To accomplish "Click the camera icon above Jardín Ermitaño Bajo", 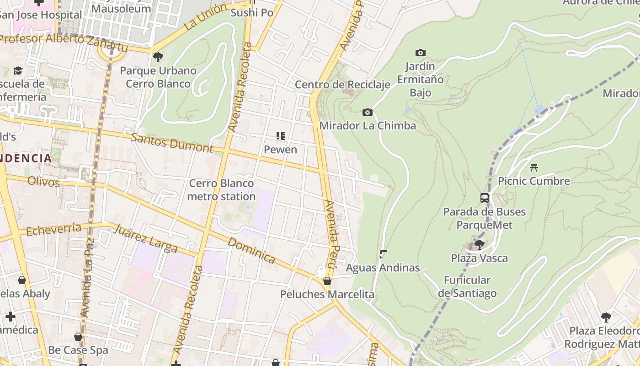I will [x=420, y=53].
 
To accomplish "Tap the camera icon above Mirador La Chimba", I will [x=367, y=113].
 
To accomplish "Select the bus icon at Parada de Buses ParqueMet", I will [x=485, y=198].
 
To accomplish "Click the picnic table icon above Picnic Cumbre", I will [x=533, y=167].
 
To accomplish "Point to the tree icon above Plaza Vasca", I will [x=479, y=245].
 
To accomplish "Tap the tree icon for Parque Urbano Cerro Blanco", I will [x=158, y=57].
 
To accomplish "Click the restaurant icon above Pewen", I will [x=281, y=136].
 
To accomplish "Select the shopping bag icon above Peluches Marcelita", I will [x=327, y=281].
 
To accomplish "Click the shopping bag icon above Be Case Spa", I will [x=78, y=337].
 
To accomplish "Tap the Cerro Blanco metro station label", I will [x=222, y=190].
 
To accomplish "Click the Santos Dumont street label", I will [x=172, y=143].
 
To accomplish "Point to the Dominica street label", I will [x=251, y=250].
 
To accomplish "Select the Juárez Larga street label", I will [x=145, y=238].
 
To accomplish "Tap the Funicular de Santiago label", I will [x=467, y=286].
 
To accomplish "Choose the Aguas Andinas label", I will [x=383, y=268].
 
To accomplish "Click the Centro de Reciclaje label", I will [x=342, y=85].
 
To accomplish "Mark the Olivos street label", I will [x=43, y=182].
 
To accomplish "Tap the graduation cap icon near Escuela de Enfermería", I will [x=18, y=70].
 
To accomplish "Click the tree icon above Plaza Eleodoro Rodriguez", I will [x=606, y=317].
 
